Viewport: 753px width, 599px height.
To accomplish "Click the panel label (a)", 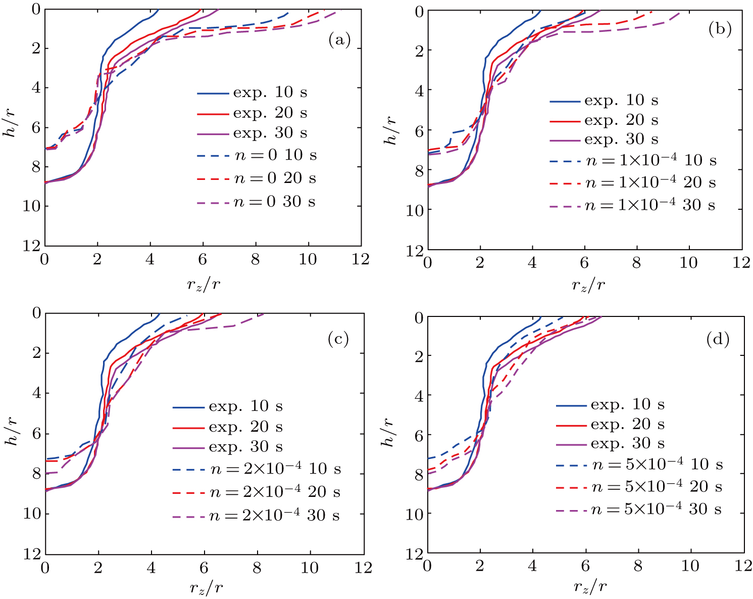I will (x=339, y=40).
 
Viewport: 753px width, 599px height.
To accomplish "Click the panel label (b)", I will (x=720, y=30).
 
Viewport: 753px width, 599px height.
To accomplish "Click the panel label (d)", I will (x=718, y=340).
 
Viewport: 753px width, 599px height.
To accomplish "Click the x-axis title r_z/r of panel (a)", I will (x=203, y=285).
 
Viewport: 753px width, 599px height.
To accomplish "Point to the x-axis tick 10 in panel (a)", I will (x=308, y=259).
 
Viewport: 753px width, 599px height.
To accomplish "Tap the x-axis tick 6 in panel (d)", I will (x=585, y=566).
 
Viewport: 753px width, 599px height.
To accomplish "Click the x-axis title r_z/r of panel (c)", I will (x=206, y=587).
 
